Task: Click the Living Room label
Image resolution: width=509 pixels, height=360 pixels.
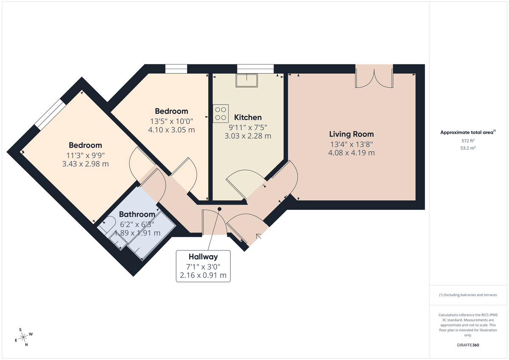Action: tap(352, 134)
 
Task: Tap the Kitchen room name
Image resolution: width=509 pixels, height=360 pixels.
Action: tap(248, 117)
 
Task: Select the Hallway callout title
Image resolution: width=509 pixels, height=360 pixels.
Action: tap(203, 257)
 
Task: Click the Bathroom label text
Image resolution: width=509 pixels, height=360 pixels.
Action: tap(137, 214)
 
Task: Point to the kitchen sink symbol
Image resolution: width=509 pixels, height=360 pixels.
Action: tap(247, 80)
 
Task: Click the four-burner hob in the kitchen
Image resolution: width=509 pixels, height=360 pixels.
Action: tap(221, 113)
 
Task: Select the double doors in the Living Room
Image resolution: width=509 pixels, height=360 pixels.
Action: tap(374, 77)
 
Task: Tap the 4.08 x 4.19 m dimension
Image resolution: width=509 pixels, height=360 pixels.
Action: tap(352, 153)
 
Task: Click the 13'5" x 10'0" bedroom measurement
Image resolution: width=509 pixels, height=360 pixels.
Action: tap(171, 121)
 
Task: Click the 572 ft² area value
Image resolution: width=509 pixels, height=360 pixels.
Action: tap(468, 140)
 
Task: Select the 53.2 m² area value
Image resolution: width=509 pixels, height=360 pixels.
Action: tap(468, 148)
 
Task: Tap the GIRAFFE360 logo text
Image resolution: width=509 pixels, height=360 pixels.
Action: tap(468, 345)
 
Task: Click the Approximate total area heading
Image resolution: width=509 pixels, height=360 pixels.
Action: tap(467, 132)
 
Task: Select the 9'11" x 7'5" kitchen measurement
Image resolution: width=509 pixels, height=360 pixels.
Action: tap(248, 127)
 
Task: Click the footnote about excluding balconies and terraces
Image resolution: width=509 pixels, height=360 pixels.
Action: tap(468, 295)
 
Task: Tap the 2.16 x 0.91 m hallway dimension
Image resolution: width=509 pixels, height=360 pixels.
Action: tap(203, 275)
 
